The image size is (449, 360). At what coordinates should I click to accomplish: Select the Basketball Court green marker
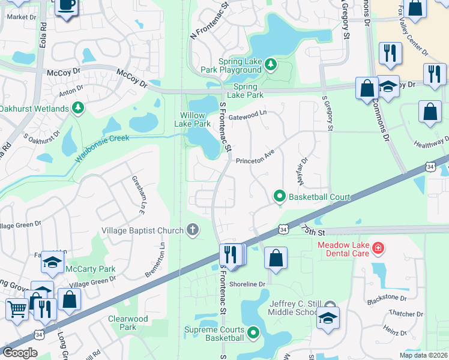(x=279, y=196)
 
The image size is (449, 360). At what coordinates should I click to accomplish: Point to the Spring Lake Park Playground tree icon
(x=271, y=63)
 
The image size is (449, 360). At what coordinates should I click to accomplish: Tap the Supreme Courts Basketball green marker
(x=254, y=332)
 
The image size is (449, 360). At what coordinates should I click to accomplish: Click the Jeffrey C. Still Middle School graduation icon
(x=328, y=317)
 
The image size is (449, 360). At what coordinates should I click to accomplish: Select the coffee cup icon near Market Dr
(x=67, y=6)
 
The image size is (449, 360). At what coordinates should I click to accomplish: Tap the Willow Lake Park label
(x=196, y=119)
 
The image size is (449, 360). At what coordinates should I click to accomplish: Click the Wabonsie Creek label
(x=102, y=148)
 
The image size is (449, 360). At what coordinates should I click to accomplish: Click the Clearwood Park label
(x=128, y=323)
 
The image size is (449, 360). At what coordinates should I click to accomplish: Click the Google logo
(x=20, y=353)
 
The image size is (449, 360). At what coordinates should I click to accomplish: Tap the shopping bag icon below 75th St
(x=275, y=258)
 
